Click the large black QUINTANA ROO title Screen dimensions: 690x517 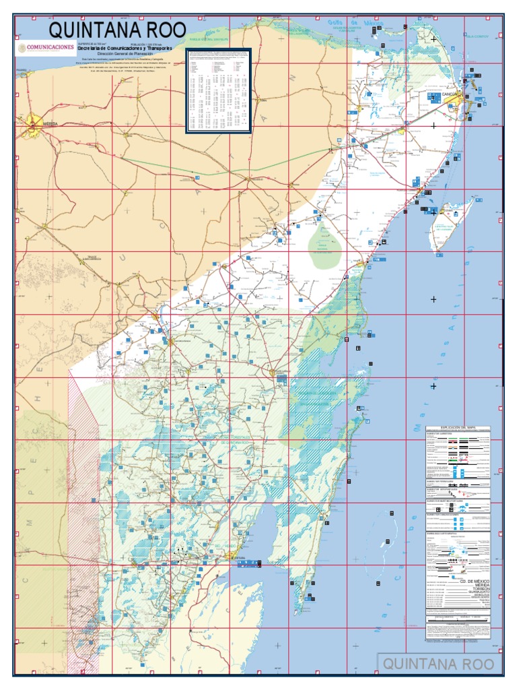[116, 30]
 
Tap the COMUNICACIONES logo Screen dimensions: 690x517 [46, 48]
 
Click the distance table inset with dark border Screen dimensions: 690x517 [219, 90]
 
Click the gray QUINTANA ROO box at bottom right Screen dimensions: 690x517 [438, 664]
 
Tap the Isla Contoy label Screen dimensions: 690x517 [479, 36]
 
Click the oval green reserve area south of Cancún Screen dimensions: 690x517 [324, 247]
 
